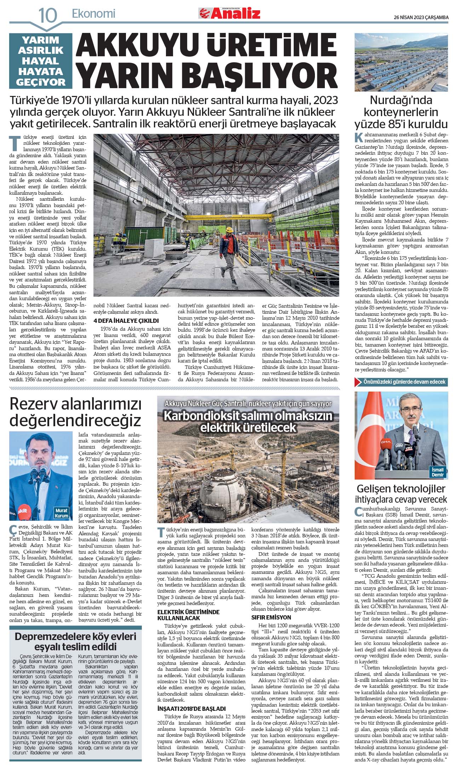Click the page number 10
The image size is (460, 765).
47,15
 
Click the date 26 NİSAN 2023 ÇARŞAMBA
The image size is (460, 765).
421,17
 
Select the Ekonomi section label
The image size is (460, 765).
93,14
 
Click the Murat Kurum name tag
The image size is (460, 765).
62,513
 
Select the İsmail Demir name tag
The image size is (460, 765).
438,472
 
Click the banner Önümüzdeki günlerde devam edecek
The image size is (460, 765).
401,382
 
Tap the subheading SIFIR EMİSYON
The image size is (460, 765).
271,617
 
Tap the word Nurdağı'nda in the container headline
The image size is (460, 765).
401,100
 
